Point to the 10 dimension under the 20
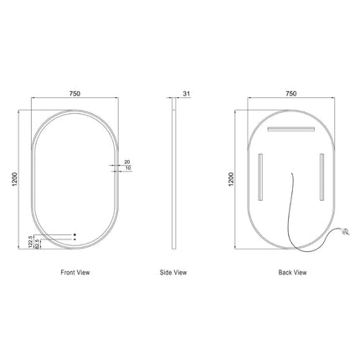[126, 169]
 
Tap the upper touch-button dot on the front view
[75, 234]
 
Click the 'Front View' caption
[75, 272]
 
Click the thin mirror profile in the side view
[175, 180]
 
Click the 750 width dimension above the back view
[291, 94]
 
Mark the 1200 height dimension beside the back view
[232, 179]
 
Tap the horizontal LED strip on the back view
[291, 129]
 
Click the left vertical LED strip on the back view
[261, 176]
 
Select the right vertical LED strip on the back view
[321, 176]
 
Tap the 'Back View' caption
[291, 272]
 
